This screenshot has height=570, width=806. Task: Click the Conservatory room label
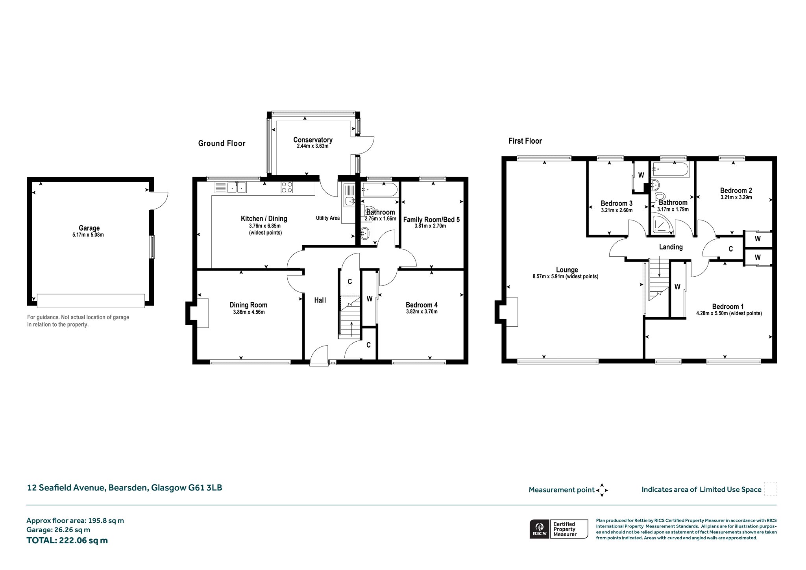click(x=313, y=140)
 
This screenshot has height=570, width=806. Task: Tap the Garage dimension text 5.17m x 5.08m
click(x=89, y=235)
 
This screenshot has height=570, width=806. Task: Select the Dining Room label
click(x=248, y=305)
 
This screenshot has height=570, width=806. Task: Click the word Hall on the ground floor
click(x=320, y=300)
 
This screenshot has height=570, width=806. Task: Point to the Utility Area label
click(x=328, y=218)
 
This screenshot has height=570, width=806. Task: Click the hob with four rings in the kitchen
click(x=287, y=187)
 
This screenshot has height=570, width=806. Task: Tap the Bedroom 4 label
click(x=421, y=305)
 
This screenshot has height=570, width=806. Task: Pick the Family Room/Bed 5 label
click(x=431, y=220)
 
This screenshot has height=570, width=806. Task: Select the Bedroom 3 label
click(x=617, y=204)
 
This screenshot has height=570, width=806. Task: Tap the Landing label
click(x=671, y=247)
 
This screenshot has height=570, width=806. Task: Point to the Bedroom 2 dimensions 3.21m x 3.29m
click(x=736, y=198)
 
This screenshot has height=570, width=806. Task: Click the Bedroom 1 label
click(x=728, y=307)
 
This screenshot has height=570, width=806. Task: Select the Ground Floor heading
click(x=222, y=143)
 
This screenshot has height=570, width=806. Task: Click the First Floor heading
click(x=525, y=141)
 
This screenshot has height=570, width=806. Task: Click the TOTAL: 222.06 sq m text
click(x=67, y=540)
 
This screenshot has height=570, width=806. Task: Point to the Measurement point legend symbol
click(x=602, y=490)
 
